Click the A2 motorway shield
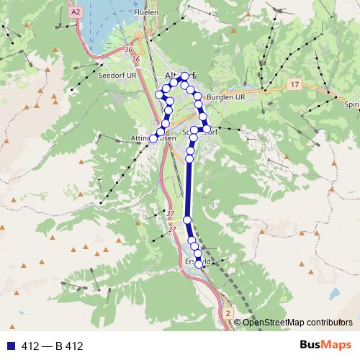tap(77, 12)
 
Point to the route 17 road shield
tap(294, 85)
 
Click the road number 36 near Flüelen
tap(128, 49)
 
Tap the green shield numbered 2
tap(228, 315)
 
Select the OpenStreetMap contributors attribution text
tap(297, 323)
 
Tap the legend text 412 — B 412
tap(53, 346)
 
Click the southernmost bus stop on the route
tap(199, 264)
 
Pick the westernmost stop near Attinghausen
tap(153, 138)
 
